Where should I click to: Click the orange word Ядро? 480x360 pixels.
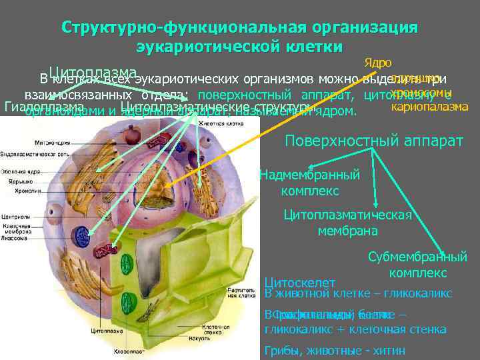coord(377,63)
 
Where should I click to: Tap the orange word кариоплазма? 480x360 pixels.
coord(429,107)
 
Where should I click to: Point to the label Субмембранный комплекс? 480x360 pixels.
coord(417,265)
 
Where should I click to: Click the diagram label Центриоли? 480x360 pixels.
coord(14,216)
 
